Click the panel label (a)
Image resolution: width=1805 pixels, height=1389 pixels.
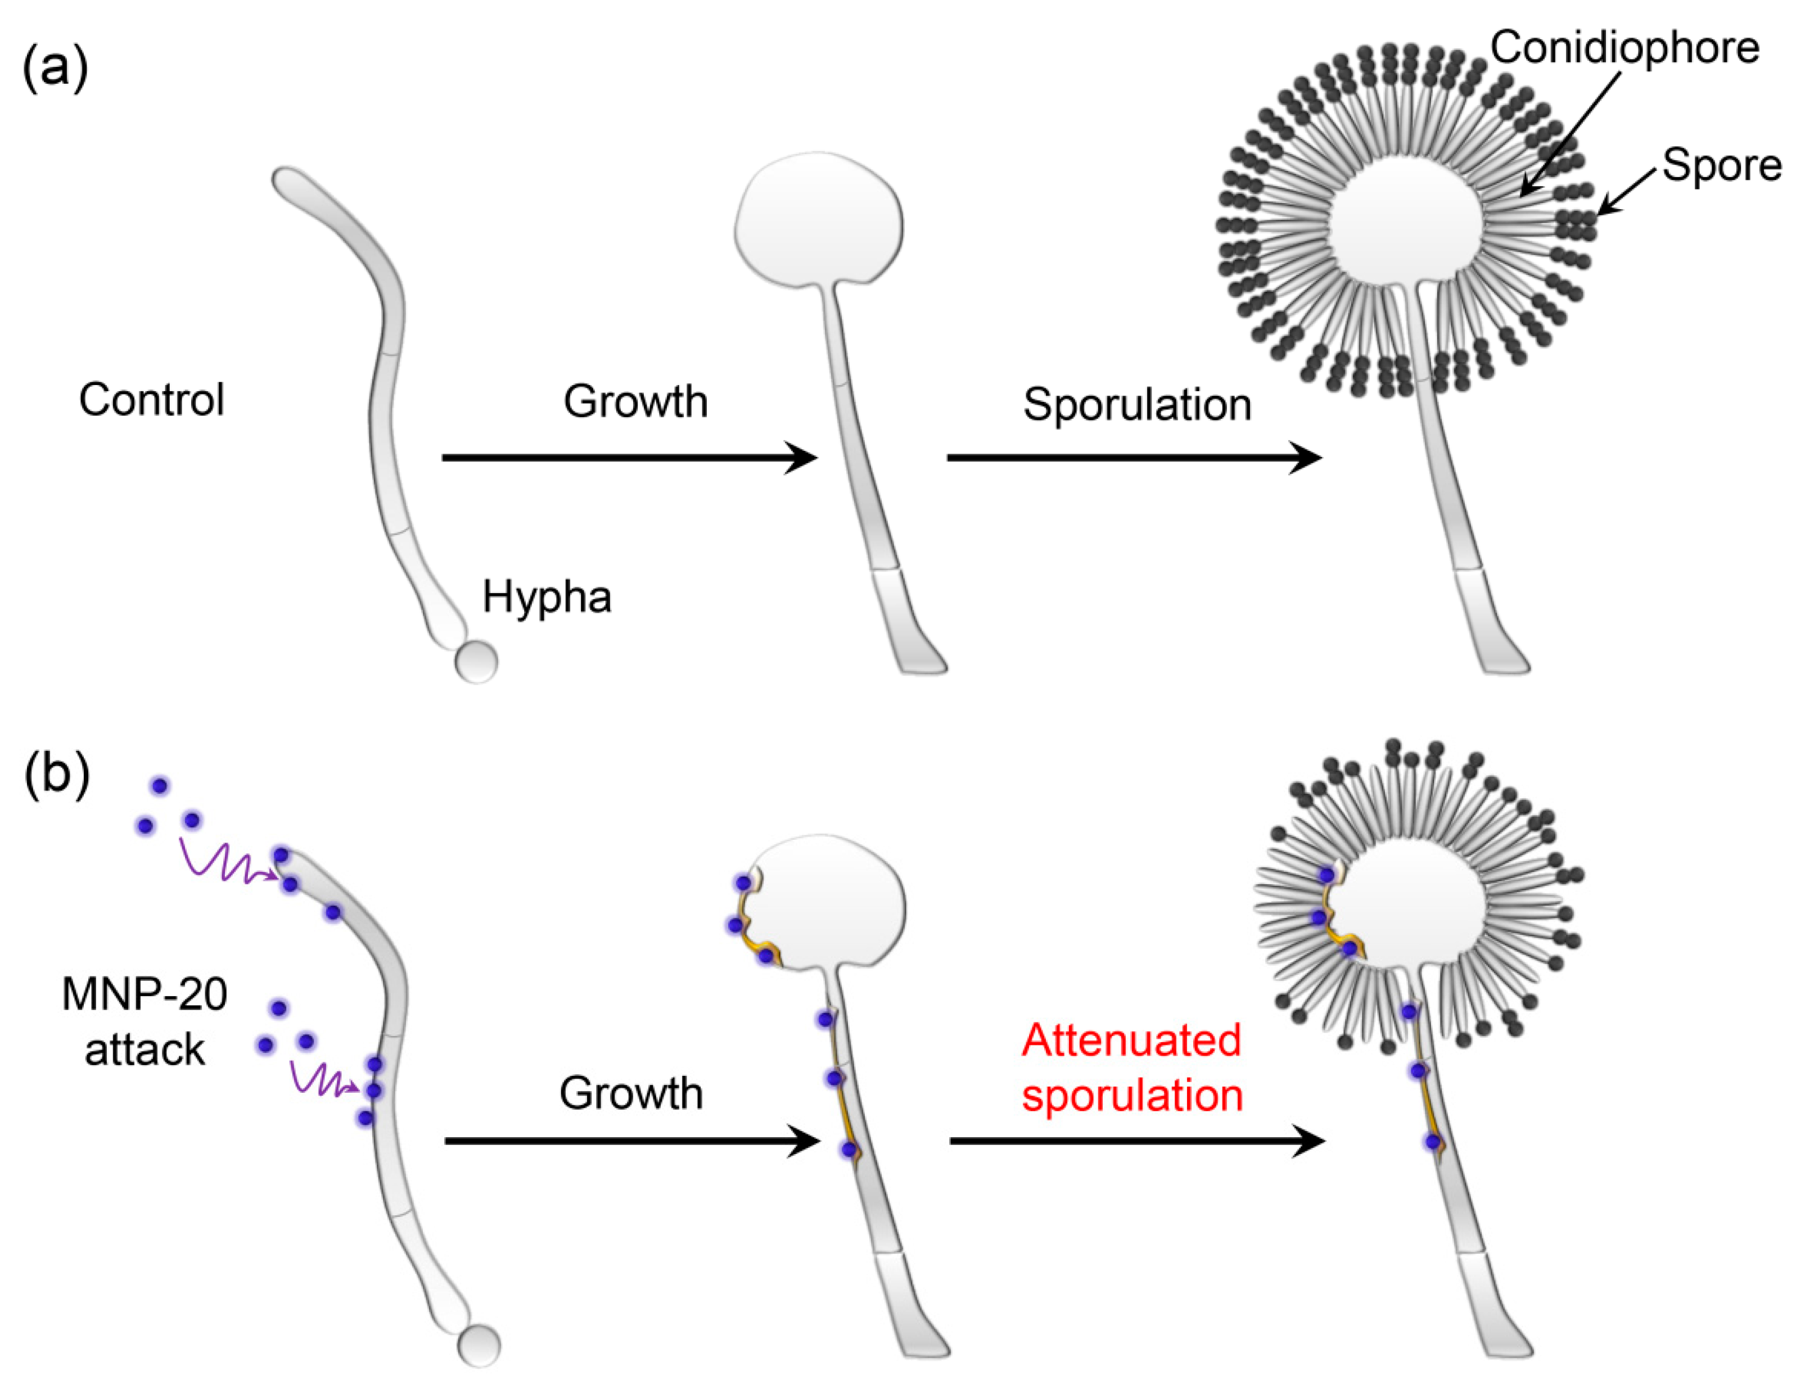point(55,68)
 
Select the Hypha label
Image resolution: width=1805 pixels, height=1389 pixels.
point(547,596)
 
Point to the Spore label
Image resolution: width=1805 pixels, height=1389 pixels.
point(1721,165)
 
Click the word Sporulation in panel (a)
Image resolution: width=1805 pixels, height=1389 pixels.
point(1136,405)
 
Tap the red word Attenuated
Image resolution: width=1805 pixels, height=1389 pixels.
point(1131,1040)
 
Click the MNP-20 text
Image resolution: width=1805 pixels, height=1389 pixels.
point(145,994)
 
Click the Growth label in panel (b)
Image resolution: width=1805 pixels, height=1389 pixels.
point(630,1093)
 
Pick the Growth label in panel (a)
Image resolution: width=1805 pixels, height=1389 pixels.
point(635,401)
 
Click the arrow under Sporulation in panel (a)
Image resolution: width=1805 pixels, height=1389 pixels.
point(1132,457)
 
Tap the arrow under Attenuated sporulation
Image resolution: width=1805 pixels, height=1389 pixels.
point(1136,1141)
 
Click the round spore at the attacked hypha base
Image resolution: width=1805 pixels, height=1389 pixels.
point(479,1345)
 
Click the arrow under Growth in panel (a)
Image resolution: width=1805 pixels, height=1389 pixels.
point(628,457)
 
